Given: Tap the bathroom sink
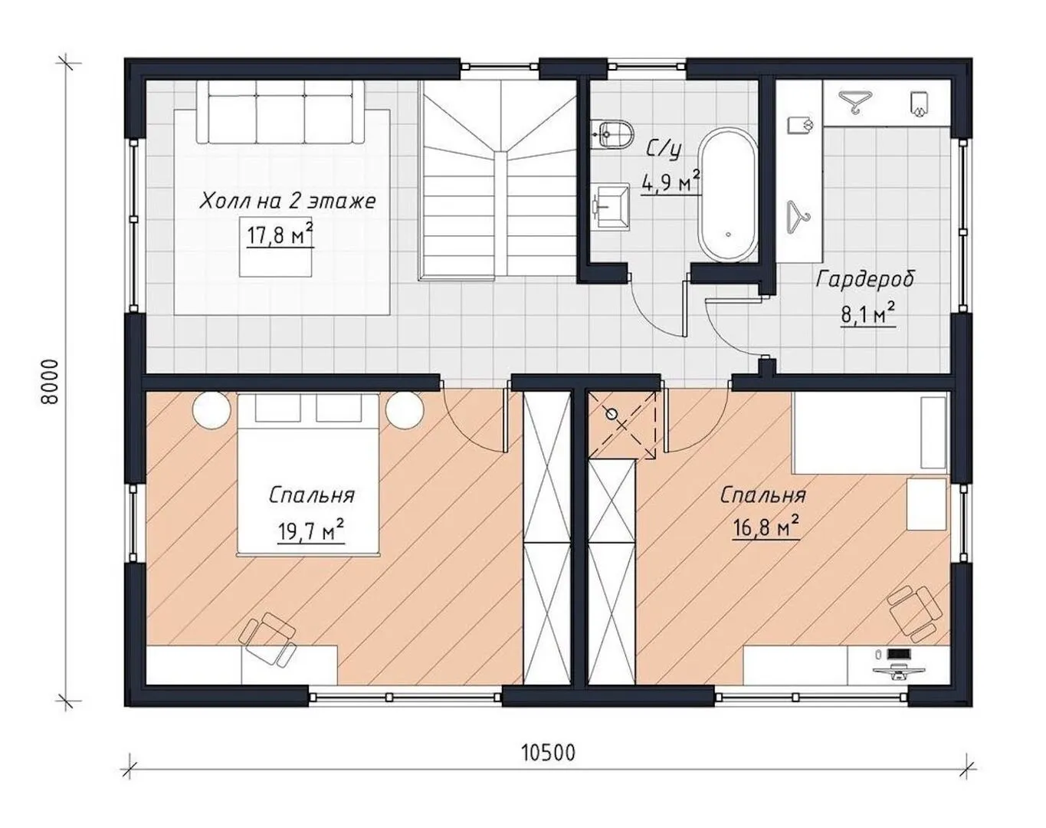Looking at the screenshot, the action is click(611, 205).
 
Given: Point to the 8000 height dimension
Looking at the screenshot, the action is click(49, 382).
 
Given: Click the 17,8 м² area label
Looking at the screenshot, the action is click(280, 235).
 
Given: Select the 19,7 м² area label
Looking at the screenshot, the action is click(311, 531).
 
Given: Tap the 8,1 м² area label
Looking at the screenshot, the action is click(868, 314).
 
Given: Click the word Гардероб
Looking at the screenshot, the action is click(865, 280).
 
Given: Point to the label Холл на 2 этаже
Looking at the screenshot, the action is click(288, 201).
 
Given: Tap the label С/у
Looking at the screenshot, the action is click(663, 149).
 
